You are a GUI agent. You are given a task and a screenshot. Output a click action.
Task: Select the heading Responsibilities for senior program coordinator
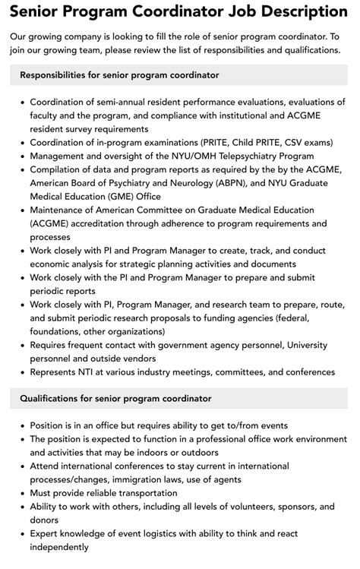pyautogui.click(x=119, y=75)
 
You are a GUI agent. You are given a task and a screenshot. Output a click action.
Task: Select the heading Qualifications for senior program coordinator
pyautogui.click(x=115, y=398)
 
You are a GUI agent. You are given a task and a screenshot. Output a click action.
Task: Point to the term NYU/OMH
pyautogui.click(x=197, y=156)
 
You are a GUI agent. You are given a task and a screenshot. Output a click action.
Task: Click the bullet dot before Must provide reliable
pyautogui.click(x=23, y=492)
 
